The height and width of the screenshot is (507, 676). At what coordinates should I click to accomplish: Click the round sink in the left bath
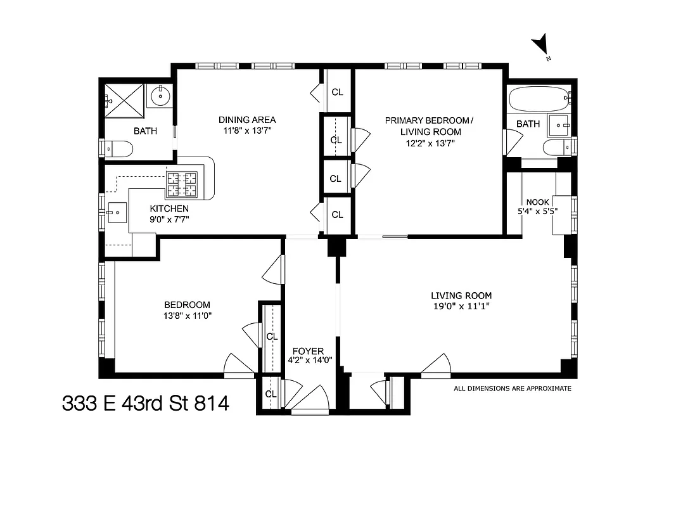coord(160,96)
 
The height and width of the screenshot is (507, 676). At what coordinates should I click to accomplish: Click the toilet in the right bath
coord(558,148)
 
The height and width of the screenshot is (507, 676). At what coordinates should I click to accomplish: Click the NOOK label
coord(537,202)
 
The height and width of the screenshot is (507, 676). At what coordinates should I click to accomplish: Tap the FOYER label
coord(308,351)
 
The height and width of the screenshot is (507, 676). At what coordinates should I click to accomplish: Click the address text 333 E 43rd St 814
coord(145,403)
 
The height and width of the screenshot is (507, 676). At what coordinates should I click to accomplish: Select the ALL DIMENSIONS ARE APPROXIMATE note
coord(512,388)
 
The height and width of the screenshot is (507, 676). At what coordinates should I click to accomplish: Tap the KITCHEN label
coord(169,209)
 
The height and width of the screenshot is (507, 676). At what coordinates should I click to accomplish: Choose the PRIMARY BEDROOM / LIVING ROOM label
coord(430,125)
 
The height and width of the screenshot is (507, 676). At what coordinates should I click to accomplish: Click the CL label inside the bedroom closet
coord(272,337)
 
